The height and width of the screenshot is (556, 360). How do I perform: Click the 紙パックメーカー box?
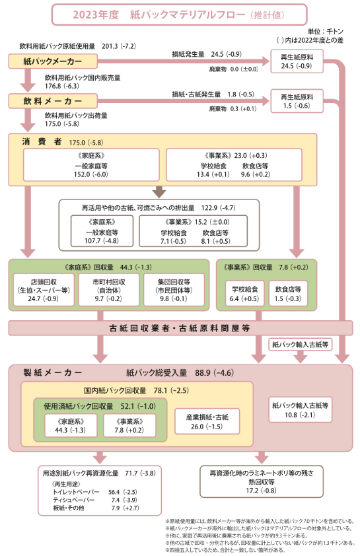click(x=53, y=61)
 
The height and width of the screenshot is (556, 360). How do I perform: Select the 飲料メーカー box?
click(x=53, y=101)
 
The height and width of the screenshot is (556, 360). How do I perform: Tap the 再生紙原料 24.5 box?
click(x=297, y=61)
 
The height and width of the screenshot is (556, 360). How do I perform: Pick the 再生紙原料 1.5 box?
click(x=297, y=101)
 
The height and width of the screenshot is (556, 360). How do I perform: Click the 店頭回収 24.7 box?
click(x=44, y=290)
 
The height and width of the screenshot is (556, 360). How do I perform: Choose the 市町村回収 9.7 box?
click(x=109, y=290)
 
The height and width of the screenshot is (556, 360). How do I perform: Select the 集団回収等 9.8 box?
click(x=174, y=290)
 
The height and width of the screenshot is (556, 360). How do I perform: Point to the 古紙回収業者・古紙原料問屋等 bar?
click(x=180, y=328)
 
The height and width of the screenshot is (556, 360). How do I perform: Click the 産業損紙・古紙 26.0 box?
click(x=207, y=421)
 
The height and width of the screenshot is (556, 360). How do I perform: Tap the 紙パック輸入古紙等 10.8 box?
click(x=300, y=409)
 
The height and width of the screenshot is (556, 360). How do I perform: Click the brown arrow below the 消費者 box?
click(x=159, y=192)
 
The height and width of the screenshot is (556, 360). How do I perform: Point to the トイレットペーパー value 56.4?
click(x=114, y=492)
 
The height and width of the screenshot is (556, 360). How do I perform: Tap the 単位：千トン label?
click(x=325, y=32)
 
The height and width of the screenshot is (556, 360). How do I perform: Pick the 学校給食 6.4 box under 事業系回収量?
click(x=244, y=293)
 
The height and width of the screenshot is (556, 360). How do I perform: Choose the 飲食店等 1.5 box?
click(x=288, y=293)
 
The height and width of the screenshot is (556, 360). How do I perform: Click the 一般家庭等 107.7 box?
click(x=102, y=231)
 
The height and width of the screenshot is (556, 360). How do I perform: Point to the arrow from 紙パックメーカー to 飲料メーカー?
click(x=28, y=80)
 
